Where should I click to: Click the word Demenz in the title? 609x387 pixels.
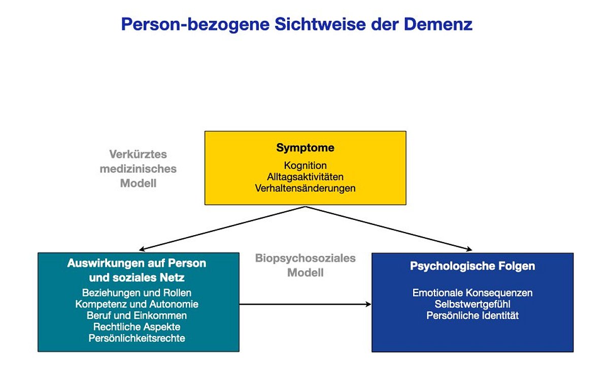(x=438, y=24)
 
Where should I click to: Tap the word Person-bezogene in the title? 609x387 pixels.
(x=195, y=25)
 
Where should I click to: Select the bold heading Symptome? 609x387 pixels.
(x=306, y=148)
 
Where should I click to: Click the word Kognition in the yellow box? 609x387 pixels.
(x=306, y=166)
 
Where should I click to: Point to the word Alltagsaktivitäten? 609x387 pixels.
(x=306, y=177)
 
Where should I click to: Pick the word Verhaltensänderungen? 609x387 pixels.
(x=306, y=188)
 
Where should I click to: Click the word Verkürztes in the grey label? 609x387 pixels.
(x=138, y=154)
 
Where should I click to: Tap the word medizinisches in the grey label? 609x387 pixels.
(x=138, y=169)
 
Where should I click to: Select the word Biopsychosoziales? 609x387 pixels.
(x=306, y=259)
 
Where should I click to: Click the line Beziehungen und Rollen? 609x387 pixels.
(x=137, y=293)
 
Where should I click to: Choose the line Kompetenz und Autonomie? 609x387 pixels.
(x=137, y=304)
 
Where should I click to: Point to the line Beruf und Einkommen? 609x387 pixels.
(x=137, y=316)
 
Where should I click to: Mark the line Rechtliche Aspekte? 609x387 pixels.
(x=137, y=327)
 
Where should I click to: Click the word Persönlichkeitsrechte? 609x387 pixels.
(x=137, y=338)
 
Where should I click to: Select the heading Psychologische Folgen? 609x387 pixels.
(x=472, y=266)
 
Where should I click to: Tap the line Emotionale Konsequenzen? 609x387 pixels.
(x=472, y=293)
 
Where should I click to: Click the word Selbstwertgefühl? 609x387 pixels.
(x=472, y=304)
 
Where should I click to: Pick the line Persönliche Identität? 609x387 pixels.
(x=472, y=316)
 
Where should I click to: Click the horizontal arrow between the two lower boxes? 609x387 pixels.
(x=306, y=304)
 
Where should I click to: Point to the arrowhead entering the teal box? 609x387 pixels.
(x=142, y=249)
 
